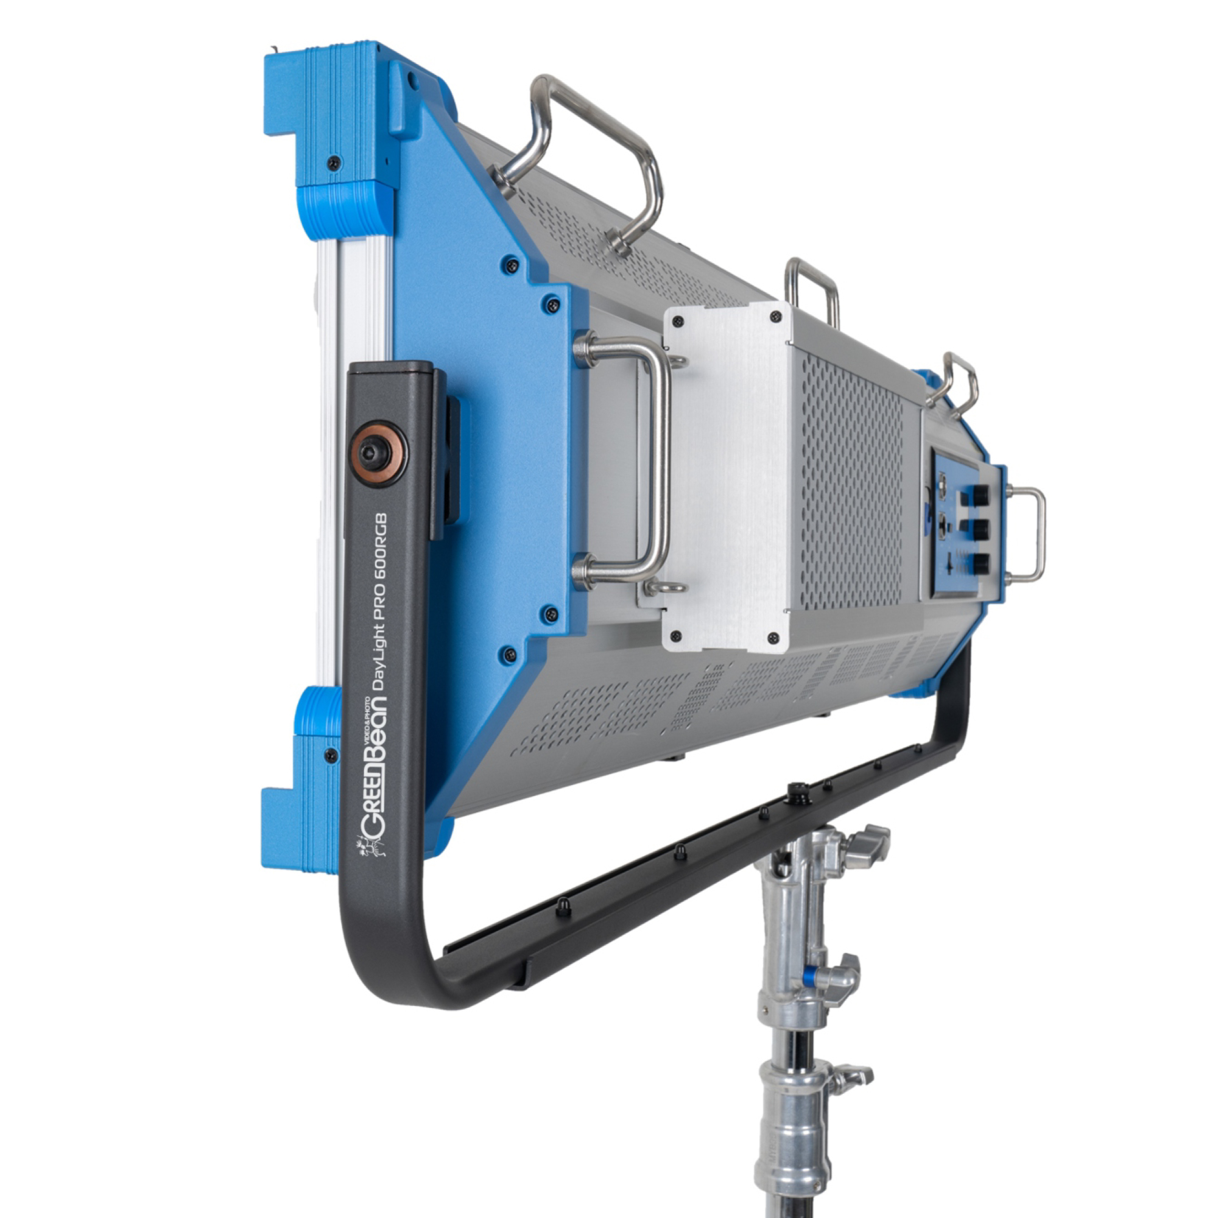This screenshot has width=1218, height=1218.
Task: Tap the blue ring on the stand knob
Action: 818,979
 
